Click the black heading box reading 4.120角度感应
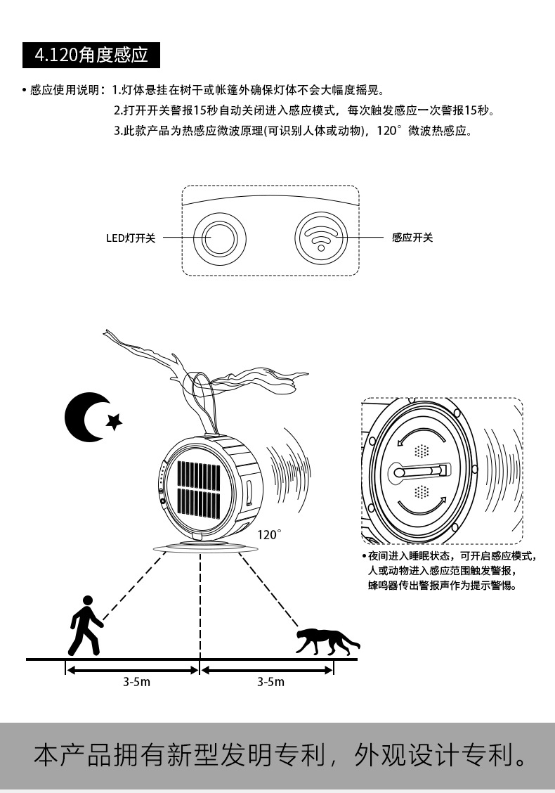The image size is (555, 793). [91, 55]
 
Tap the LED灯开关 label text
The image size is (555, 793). [131, 238]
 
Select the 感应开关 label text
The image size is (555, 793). [412, 238]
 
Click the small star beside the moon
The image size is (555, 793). [114, 421]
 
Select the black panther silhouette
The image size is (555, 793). [326, 640]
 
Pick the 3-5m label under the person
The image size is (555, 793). [136, 682]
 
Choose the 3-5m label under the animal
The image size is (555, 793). [270, 682]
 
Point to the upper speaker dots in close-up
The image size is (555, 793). [422, 451]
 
